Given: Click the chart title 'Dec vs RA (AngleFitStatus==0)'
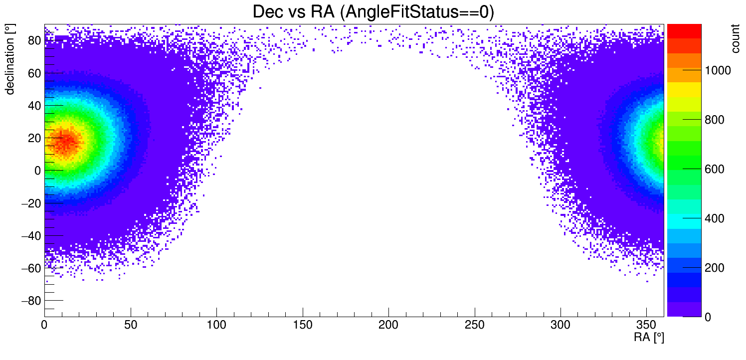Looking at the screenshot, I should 373,12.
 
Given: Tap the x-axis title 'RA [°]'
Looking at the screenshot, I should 649,338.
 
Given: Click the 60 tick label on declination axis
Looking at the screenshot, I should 34,73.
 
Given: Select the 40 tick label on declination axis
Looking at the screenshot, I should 34,105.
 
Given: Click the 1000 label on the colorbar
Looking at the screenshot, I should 717,71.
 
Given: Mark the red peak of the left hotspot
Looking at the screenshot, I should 65,142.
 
